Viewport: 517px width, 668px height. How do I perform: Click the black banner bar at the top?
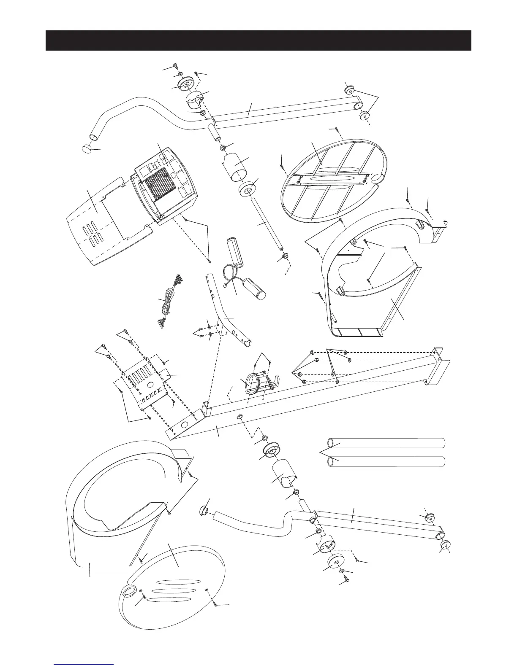tap(258, 40)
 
